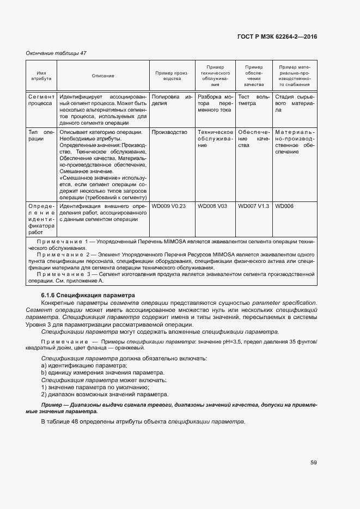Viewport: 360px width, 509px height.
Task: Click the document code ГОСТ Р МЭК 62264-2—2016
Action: (277, 36)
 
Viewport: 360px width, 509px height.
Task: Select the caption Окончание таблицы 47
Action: (56, 53)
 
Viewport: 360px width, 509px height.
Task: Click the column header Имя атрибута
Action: (41, 76)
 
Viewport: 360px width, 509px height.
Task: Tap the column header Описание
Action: (103, 76)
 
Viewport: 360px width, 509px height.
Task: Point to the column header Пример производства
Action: (172, 76)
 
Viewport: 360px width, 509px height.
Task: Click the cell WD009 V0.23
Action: (169, 206)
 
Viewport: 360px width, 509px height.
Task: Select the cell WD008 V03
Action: (212, 206)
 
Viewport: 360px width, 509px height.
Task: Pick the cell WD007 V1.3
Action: (253, 206)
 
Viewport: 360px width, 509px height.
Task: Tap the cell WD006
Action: (284, 206)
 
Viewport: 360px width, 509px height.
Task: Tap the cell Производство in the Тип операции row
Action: (169, 132)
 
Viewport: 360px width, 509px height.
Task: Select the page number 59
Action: (314, 463)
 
